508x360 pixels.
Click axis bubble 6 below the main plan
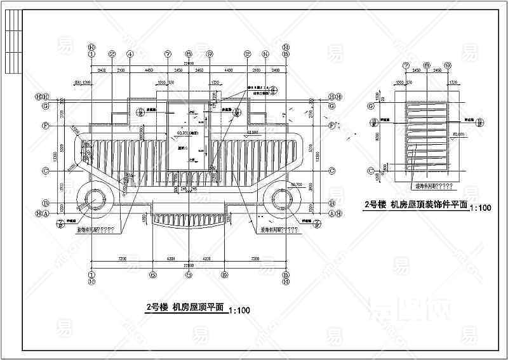click(x=153, y=275)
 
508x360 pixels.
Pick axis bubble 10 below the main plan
click(x=224, y=275)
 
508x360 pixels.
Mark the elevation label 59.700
click(x=296, y=184)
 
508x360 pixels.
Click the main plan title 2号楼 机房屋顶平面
click(x=185, y=307)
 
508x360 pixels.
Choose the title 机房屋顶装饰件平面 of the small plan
click(x=429, y=204)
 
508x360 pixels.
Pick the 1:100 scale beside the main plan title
click(x=239, y=310)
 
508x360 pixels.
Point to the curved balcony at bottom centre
click(x=189, y=220)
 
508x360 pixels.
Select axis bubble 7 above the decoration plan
click(x=406, y=65)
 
